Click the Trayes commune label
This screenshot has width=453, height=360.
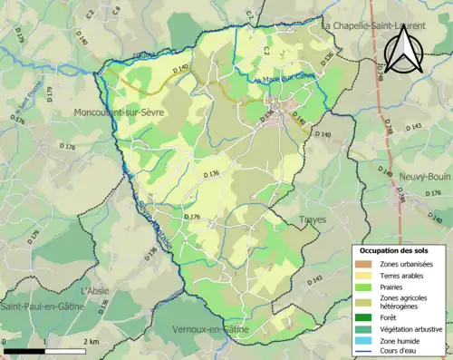point(313,219)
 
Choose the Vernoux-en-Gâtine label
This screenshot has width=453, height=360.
point(214,328)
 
